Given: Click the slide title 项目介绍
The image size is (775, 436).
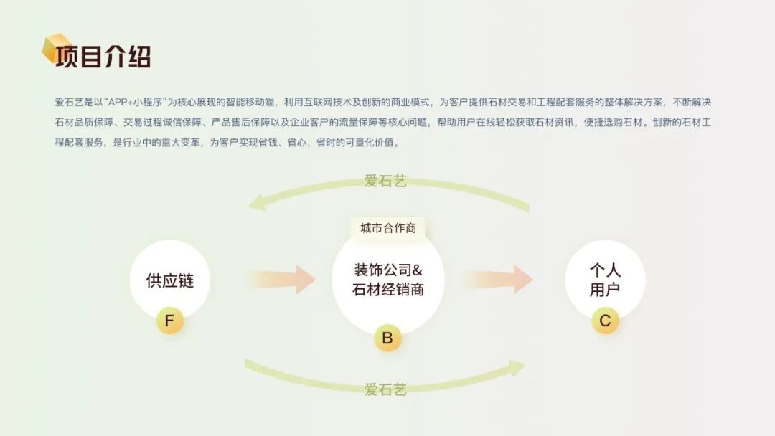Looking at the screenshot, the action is (103, 56).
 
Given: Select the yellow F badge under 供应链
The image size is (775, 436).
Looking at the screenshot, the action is (170, 321).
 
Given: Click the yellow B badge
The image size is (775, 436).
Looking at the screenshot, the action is (387, 338).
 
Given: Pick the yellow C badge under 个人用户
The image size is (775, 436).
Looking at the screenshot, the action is (605, 321).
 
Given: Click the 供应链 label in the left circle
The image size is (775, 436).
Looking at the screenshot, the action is (170, 280).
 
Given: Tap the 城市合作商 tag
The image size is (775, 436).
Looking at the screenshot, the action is (388, 228).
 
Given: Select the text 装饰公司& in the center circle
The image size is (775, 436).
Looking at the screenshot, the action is (388, 270).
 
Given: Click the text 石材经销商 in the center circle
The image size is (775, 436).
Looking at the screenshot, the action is (388, 290).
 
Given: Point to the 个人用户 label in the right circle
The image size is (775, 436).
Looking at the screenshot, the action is (605, 280).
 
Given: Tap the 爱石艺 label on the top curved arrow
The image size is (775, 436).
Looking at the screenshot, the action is (385, 181).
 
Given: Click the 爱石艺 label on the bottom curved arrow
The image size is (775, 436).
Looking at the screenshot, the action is (385, 389).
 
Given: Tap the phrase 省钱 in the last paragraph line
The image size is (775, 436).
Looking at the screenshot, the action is (271, 142).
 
